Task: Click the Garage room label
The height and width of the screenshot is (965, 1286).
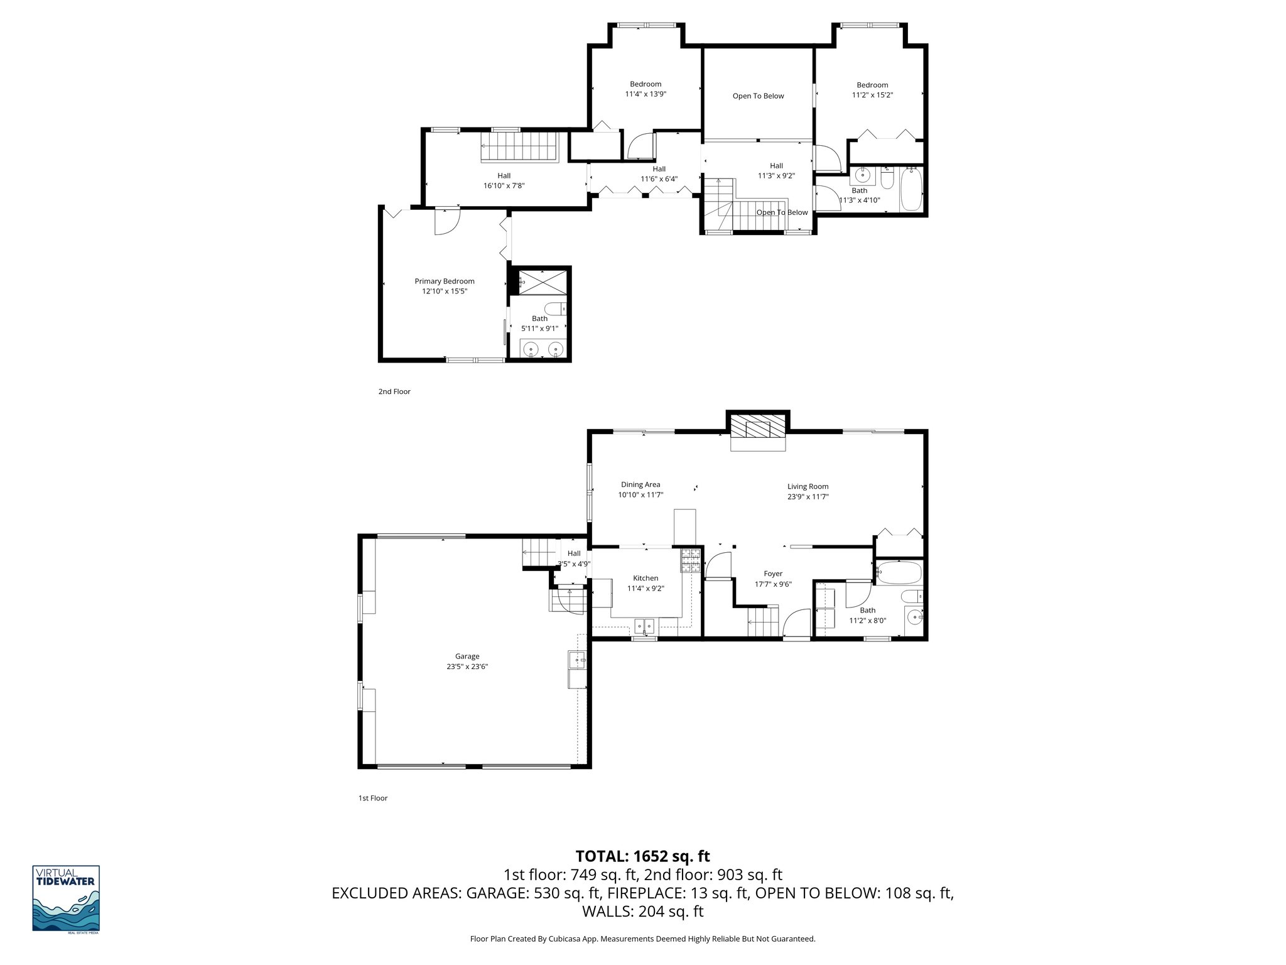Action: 467,657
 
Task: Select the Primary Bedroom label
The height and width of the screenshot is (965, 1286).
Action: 444,281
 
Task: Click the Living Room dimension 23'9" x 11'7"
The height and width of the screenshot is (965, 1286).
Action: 808,496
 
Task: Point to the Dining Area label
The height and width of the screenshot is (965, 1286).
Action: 640,484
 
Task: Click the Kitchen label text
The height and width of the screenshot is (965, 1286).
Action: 645,578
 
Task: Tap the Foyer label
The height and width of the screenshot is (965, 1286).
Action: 772,574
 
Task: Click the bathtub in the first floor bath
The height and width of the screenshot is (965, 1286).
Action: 899,573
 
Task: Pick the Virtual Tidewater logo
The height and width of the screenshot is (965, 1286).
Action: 66,899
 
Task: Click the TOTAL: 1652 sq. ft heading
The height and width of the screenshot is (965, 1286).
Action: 642,856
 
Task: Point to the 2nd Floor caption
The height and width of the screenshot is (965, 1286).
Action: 394,391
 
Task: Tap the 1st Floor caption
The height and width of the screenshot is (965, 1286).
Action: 372,798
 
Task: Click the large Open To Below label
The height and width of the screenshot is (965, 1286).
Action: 758,96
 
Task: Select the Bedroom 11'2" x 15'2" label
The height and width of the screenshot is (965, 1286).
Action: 872,90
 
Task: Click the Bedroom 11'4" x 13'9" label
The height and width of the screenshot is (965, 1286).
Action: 645,89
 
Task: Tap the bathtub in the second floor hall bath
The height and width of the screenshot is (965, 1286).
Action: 910,188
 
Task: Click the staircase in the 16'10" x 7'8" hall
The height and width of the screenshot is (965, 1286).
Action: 519,147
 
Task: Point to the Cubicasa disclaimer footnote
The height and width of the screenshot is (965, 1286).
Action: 642,939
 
